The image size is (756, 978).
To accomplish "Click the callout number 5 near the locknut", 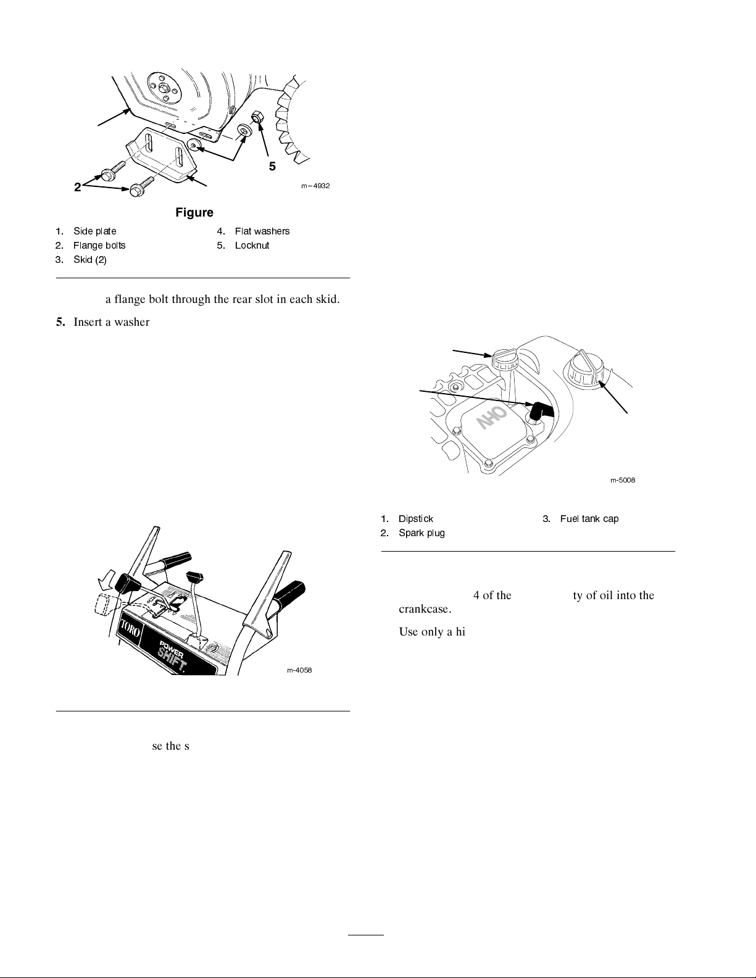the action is [272, 167].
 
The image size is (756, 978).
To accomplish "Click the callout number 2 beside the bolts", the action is [77, 187].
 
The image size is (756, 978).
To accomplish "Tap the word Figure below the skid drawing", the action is [194, 212].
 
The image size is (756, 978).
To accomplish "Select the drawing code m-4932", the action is [315, 186].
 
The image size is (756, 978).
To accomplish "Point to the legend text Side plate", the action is [95, 231].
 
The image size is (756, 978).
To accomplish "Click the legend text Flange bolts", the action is [99, 246].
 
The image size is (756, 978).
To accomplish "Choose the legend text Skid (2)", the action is [90, 260].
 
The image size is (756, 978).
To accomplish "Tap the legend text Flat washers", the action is [262, 231].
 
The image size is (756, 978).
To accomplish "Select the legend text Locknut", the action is [252, 246].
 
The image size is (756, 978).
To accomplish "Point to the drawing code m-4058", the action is [299, 670].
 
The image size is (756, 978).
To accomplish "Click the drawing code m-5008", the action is [623, 480].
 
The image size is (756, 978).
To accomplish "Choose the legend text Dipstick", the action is [416, 519].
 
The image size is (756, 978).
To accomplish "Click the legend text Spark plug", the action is [422, 533].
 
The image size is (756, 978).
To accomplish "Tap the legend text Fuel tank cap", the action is [589, 519].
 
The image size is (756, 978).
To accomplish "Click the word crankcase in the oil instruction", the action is [425, 609].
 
